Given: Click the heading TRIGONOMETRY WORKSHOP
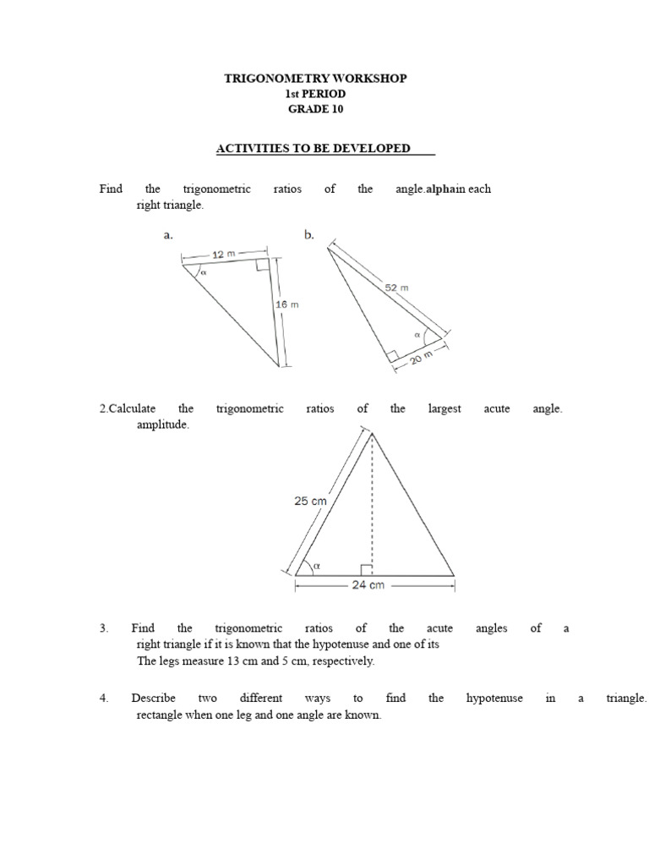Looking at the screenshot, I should (315, 79).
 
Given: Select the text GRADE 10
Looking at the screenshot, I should (315, 109).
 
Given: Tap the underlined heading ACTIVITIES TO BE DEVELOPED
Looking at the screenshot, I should (314, 149).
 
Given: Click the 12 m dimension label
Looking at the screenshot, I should (224, 254).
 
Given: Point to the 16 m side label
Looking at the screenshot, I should (288, 305).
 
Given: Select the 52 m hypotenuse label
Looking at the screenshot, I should (397, 288).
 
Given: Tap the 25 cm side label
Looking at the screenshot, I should (310, 501).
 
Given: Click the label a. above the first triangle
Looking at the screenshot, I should (168, 236).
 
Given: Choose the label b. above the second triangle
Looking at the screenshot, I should (309, 236).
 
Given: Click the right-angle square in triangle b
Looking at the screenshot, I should (393, 357).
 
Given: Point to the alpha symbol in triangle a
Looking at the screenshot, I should (203, 273).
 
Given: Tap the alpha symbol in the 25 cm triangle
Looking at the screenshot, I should (317, 565).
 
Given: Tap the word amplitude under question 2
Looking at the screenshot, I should (163, 425).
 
